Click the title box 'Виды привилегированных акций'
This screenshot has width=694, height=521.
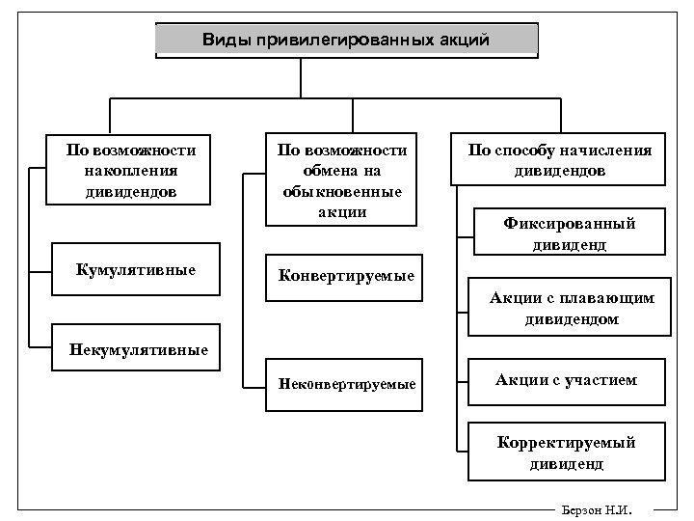tap(347, 41)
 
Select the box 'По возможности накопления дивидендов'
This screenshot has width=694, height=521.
tap(131, 171)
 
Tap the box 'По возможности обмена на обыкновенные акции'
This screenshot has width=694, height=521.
tap(342, 179)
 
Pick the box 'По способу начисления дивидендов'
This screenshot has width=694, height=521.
tap(559, 159)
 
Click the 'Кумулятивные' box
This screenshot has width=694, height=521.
tap(135, 269)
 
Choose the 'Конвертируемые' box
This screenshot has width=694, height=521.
tap(345, 276)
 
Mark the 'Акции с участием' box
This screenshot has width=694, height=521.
tap(567, 380)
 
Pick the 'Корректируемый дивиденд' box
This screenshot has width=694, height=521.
tap(567, 452)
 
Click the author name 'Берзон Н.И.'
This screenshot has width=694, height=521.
tap(590, 508)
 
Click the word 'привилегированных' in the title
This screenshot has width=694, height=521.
tap(361, 41)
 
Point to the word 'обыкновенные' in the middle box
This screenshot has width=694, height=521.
tap(342, 190)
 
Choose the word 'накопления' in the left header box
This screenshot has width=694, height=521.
tap(131, 171)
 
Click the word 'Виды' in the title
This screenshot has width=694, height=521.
tap(223, 41)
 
